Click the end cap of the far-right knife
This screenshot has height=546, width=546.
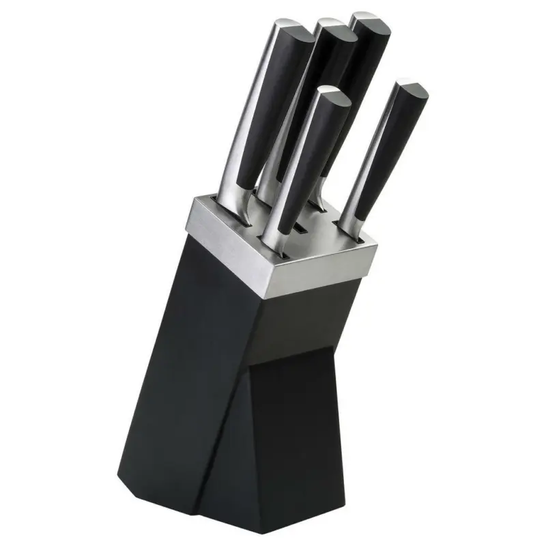point(412,88)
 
